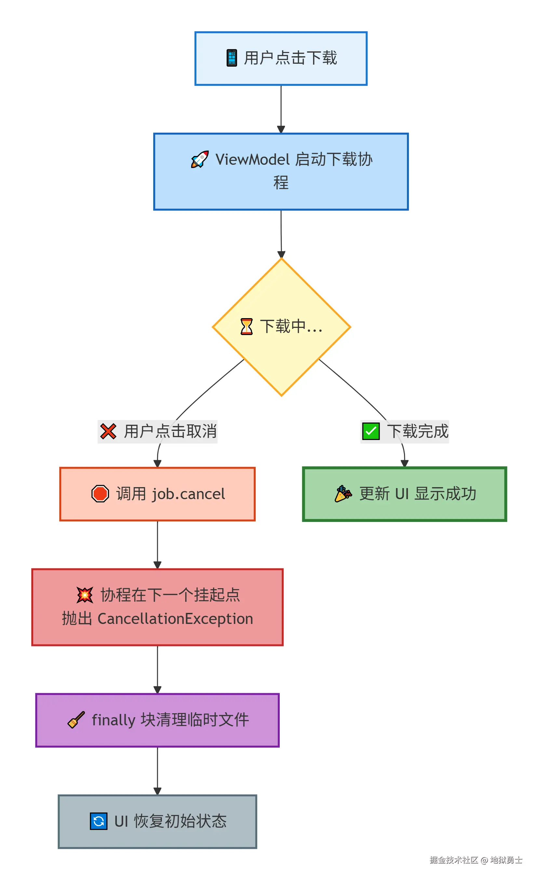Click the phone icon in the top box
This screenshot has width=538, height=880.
pyautogui.click(x=232, y=58)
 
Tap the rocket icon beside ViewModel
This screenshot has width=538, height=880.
pyautogui.click(x=200, y=159)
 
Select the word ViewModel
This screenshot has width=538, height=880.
pyautogui.click(x=252, y=160)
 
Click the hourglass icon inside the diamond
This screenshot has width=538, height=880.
pyautogui.click(x=246, y=327)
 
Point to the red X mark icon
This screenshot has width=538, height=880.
pyautogui.click(x=108, y=432)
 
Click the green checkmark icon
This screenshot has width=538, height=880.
pyautogui.click(x=371, y=432)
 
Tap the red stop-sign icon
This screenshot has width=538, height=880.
pyautogui.click(x=100, y=494)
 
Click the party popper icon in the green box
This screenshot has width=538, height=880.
pyautogui.click(x=343, y=494)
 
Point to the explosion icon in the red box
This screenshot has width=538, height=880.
pyautogui.click(x=85, y=595)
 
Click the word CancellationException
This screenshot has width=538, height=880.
pyautogui.click(x=175, y=619)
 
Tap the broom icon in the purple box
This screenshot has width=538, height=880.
pyautogui.click(x=76, y=720)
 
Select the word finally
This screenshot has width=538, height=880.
pyautogui.click(x=113, y=720)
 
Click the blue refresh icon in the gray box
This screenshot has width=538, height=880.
pyautogui.click(x=99, y=821)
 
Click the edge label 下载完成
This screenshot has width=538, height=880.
pyautogui.click(x=418, y=432)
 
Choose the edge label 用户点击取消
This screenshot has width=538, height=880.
pyautogui.click(x=170, y=432)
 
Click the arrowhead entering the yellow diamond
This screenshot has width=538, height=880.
pyautogui.click(x=281, y=254)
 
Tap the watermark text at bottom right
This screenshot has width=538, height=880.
pyautogui.click(x=476, y=860)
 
